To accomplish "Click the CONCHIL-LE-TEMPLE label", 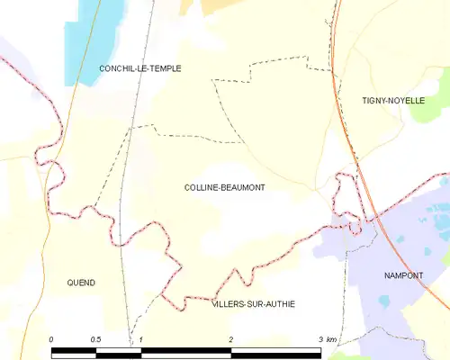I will (140, 68).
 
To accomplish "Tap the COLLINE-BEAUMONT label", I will (224, 186).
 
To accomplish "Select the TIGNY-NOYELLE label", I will (392, 100).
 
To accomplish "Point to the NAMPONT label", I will (402, 275).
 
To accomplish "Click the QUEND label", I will (81, 283).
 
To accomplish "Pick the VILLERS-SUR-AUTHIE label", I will (253, 304).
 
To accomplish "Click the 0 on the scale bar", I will (51, 339).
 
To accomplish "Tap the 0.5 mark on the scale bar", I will (95, 339).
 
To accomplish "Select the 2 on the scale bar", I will (231, 339).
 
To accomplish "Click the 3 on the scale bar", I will (320, 339).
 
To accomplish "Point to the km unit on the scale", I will (332, 339).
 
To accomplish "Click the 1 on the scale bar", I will (141, 339).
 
